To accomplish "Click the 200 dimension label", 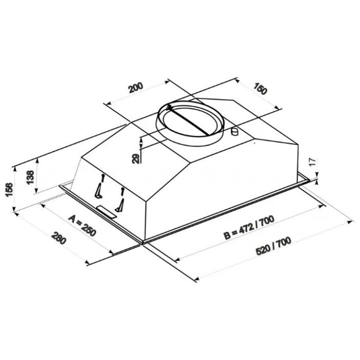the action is (135, 87).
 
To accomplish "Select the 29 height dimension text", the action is (135, 158).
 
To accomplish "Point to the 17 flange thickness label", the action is (314, 161).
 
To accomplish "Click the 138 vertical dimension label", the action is (30, 177).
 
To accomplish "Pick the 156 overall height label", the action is (9, 189).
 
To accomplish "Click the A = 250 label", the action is (82, 225).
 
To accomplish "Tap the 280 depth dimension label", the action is (59, 238).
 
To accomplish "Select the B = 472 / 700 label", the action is (249, 227).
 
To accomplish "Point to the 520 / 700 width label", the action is (273, 246).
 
